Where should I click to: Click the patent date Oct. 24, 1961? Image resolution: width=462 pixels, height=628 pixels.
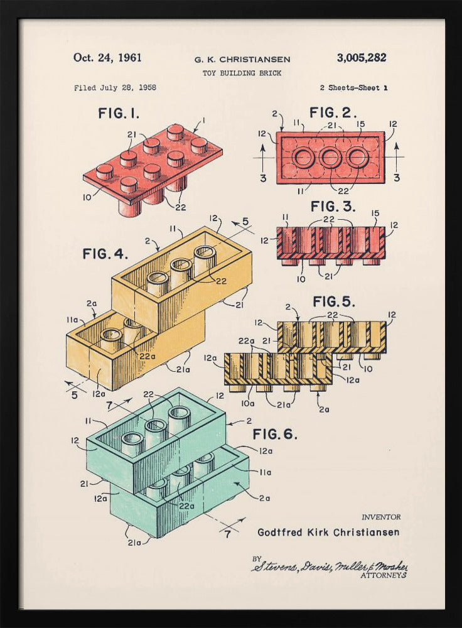107,58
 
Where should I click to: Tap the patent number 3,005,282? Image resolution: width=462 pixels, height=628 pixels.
362,58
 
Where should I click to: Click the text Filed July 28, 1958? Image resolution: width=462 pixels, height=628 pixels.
115,88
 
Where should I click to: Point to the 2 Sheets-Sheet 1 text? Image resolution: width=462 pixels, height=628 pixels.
353,88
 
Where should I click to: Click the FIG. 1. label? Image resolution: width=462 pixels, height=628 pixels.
119,114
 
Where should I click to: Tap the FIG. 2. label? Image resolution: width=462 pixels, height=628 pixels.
333,113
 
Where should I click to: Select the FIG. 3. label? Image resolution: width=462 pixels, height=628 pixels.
333,207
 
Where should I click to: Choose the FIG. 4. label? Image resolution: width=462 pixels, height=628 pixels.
105,254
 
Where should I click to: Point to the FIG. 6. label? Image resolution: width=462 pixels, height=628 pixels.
275,434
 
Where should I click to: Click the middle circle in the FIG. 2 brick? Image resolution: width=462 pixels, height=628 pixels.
330,158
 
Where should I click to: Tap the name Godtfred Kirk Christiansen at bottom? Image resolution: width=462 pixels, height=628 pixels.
328,533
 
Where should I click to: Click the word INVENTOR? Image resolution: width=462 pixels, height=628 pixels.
380,517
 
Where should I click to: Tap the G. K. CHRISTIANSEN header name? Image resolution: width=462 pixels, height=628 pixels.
242,60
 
